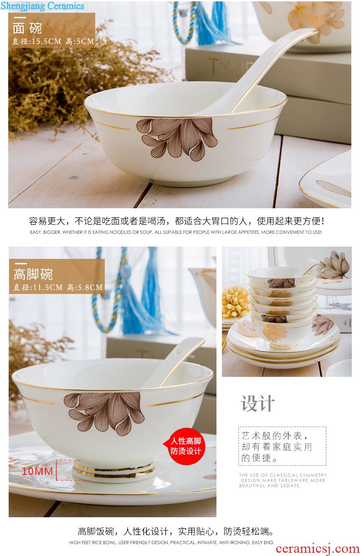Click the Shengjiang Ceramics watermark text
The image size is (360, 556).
42,6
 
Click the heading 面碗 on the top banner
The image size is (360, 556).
27,28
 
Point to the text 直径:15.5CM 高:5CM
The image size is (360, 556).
53,41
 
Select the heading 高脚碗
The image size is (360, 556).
33,274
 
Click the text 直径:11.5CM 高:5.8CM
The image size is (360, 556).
58,287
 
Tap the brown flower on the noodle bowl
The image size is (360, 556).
177,138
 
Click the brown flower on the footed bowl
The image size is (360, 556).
104,413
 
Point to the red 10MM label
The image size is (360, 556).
37,471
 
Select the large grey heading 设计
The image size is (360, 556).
258,403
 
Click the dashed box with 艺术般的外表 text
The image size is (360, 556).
282,446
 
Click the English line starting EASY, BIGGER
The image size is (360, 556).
176,232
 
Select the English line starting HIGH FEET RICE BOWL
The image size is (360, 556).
171,542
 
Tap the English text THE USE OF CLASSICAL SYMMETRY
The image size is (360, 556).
283,475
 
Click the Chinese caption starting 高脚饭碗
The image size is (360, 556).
176,531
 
